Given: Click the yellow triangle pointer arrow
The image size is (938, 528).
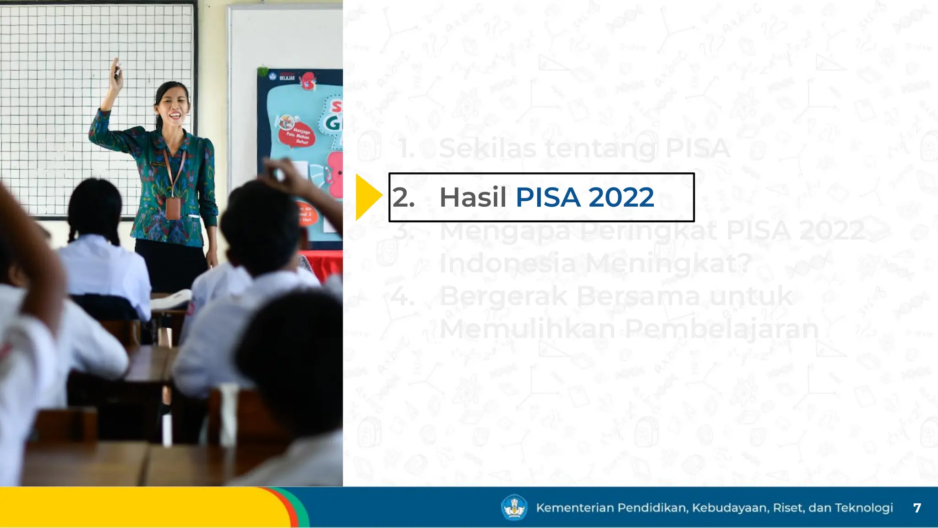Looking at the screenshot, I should pyautogui.click(x=367, y=197).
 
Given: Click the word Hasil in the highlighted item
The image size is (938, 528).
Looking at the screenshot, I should pyautogui.click(x=473, y=198).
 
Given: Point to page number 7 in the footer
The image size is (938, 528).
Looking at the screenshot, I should pyautogui.click(x=917, y=508).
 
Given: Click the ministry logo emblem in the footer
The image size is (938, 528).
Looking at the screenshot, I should pyautogui.click(x=514, y=507).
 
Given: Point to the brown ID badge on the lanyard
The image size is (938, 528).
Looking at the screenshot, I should pyautogui.click(x=173, y=209).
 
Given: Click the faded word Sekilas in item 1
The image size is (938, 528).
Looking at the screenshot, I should pyautogui.click(x=487, y=148).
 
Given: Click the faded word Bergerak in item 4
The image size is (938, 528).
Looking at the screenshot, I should pyautogui.click(x=503, y=296).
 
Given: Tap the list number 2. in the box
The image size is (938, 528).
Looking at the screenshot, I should pyautogui.click(x=404, y=198).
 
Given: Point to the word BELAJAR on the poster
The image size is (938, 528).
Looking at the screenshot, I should pyautogui.click(x=287, y=78).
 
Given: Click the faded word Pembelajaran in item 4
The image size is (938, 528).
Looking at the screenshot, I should pyautogui.click(x=721, y=329).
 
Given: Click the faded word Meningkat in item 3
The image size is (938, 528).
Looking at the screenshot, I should pyautogui.click(x=668, y=264).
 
